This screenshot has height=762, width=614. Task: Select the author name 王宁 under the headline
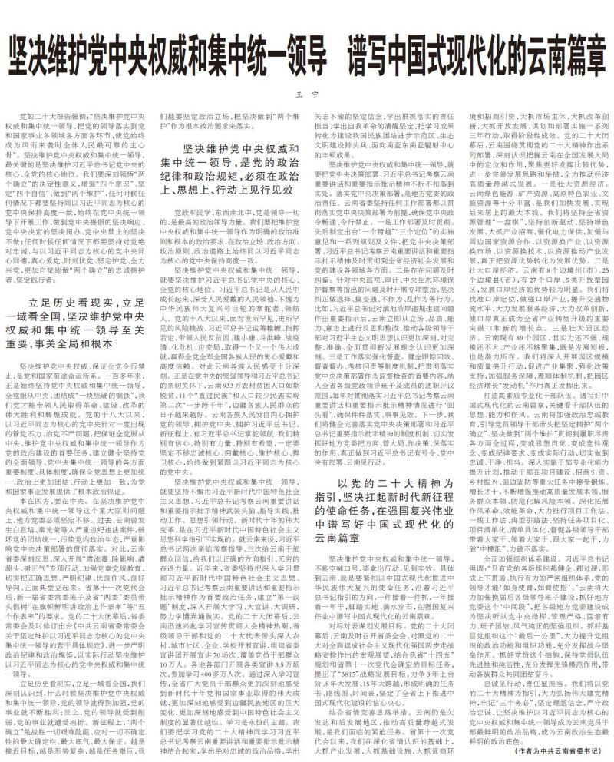306,94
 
